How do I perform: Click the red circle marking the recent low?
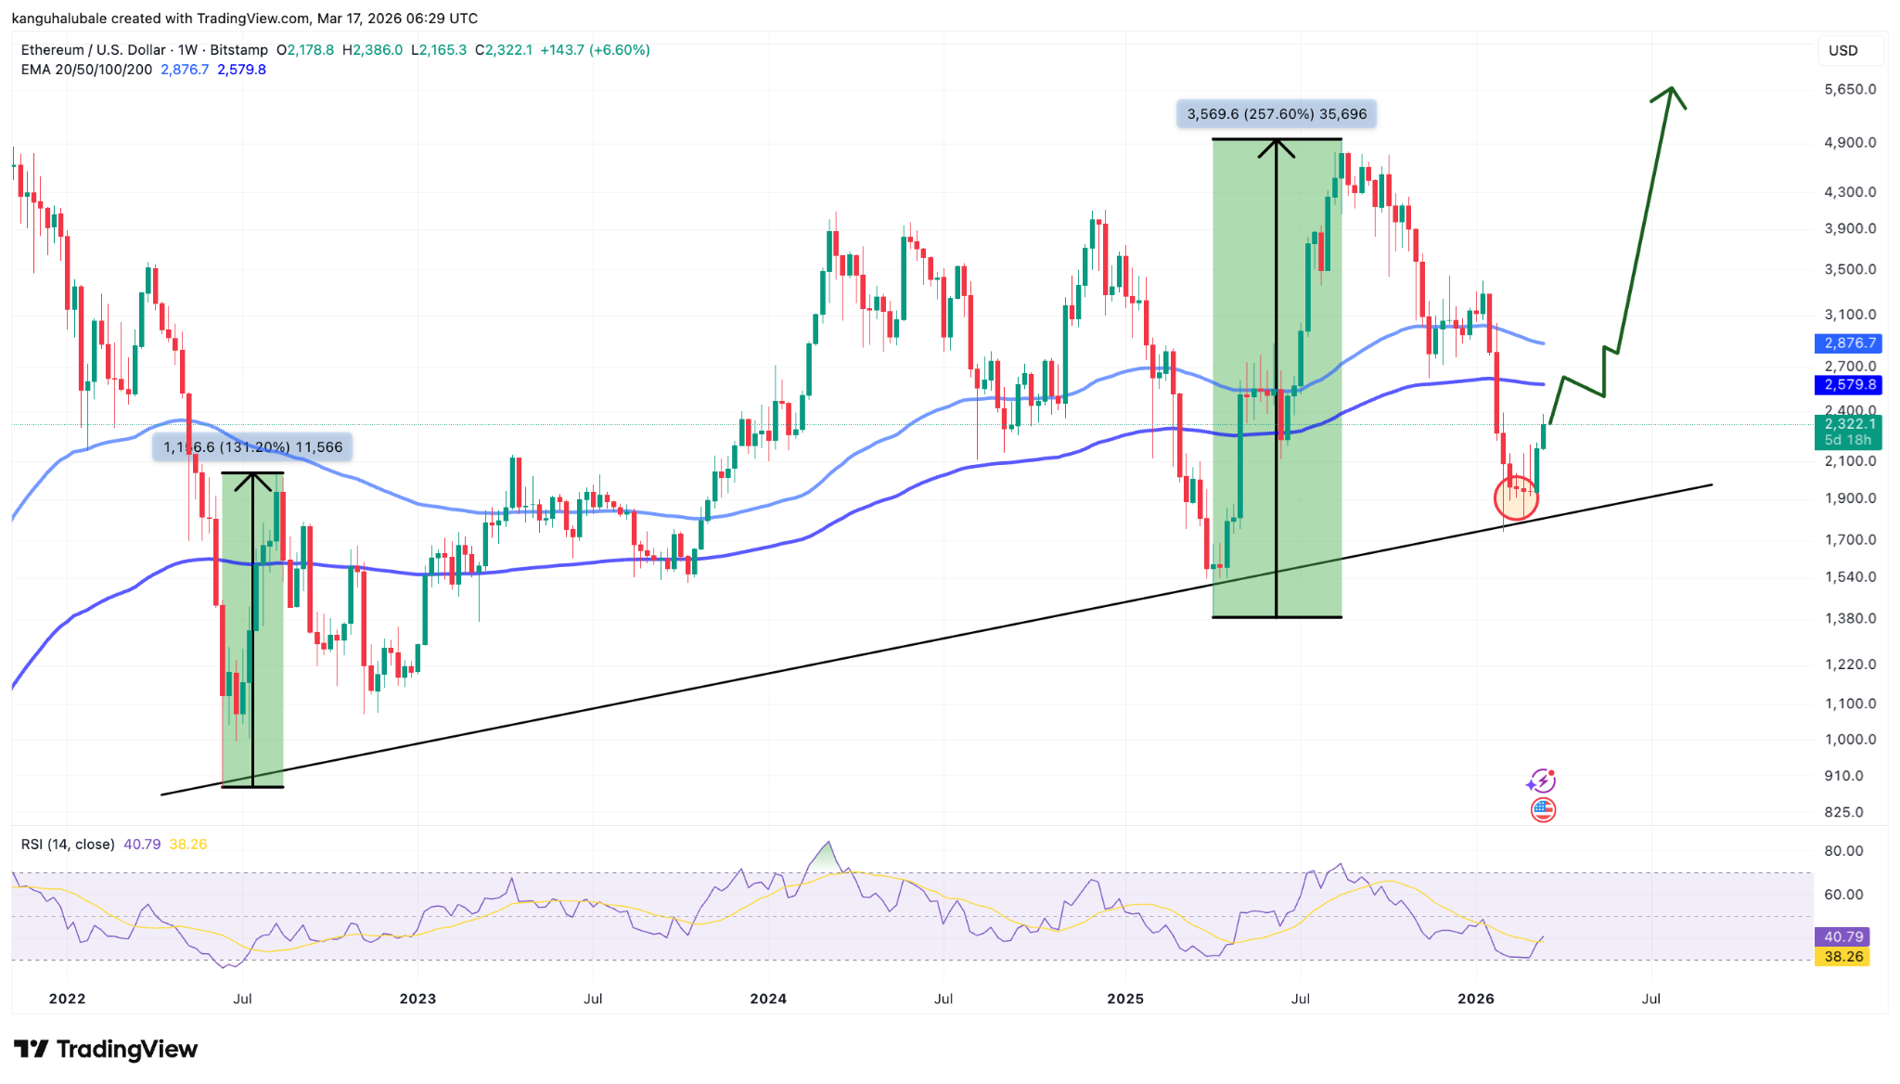[1516, 497]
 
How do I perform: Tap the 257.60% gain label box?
[1277, 114]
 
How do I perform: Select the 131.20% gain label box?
[252, 447]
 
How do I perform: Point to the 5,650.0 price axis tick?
[1850, 90]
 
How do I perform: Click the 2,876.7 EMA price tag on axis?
[1847, 343]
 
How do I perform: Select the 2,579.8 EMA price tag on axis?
[1847, 384]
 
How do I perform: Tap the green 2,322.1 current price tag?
[1847, 432]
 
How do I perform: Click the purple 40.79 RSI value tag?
[1842, 937]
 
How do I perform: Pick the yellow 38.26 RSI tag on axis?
[1842, 957]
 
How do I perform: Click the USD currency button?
[1842, 50]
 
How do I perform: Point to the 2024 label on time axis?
[768, 999]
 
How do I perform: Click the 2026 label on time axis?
[1476, 999]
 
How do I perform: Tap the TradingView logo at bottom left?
[106, 1050]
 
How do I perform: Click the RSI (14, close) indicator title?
[68, 845]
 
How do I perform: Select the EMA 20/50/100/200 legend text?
[86, 70]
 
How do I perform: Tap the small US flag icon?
[1543, 810]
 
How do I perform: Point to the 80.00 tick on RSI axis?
[1843, 851]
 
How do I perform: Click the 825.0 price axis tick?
[1843, 812]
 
